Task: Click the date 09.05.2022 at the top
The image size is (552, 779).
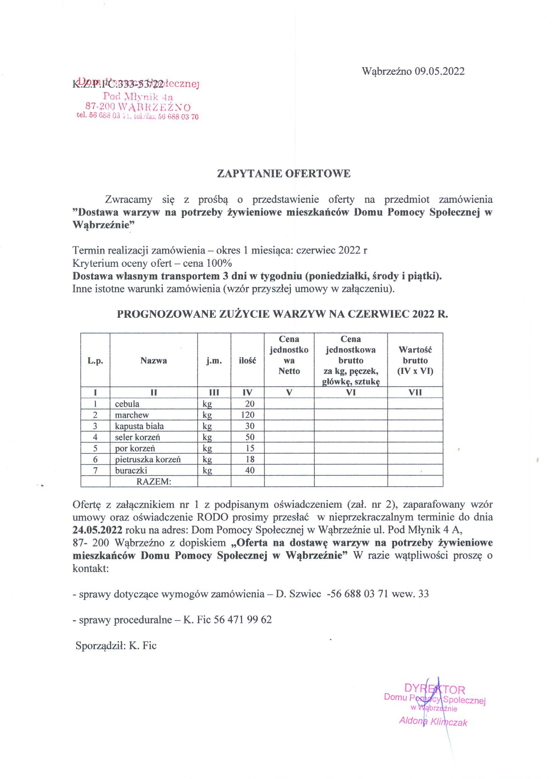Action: (x=439, y=71)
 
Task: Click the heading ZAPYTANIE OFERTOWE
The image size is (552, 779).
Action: (x=284, y=174)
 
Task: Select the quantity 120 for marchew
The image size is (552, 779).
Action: (x=249, y=415)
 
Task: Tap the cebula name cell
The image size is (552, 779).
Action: (x=127, y=404)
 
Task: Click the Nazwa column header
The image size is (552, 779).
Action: (x=154, y=361)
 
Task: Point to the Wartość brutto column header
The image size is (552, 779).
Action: (x=415, y=360)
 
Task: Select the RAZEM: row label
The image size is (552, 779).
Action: (x=154, y=481)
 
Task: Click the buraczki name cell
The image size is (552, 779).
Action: (x=131, y=471)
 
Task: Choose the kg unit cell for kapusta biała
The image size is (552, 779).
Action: (x=207, y=426)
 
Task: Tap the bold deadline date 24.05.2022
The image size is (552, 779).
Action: (x=98, y=530)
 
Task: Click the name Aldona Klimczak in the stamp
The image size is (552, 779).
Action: (x=433, y=722)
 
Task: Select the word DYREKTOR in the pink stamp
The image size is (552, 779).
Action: (x=434, y=690)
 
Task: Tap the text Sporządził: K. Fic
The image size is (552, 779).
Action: (x=116, y=645)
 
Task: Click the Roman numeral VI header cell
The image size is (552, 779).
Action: (x=351, y=393)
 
